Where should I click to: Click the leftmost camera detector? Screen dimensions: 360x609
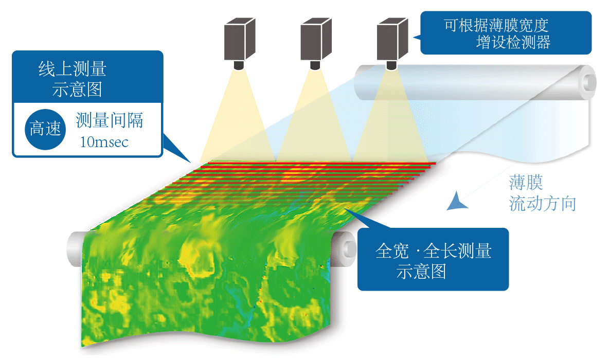240,40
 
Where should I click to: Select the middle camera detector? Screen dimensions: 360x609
316,40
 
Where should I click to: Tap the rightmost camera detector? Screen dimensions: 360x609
392,40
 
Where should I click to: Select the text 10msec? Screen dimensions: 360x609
104,141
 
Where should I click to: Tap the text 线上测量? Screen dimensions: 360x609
72,69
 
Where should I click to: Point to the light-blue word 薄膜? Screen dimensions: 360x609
526,184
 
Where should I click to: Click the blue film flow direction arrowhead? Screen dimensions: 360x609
456,203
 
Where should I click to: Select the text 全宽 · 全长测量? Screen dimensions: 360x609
434,251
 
